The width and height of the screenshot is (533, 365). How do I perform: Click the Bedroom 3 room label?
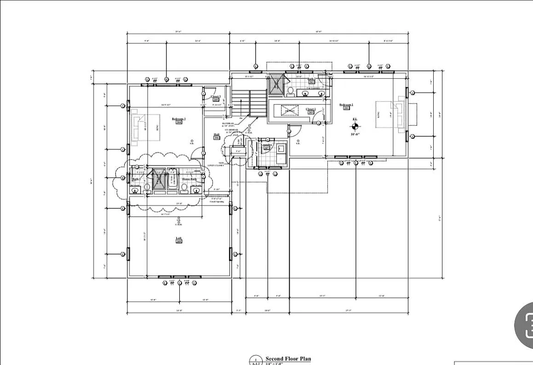(x=178, y=119)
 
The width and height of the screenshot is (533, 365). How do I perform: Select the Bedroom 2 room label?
(x=346, y=105)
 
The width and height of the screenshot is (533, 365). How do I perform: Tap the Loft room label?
(x=178, y=239)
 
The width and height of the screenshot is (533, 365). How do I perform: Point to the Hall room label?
(x=216, y=135)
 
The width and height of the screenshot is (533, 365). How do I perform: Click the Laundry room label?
(x=266, y=146)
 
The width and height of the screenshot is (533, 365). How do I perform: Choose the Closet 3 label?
(x=216, y=97)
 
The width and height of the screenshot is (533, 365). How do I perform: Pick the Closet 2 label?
(x=310, y=110)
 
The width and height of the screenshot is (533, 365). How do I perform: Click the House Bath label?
(x=189, y=179)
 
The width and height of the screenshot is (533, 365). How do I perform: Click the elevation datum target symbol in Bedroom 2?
(x=355, y=125)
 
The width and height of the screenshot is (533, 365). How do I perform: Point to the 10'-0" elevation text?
(x=355, y=134)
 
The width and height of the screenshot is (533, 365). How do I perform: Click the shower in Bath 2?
(x=277, y=83)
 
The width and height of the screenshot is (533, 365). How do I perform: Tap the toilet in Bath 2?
(x=290, y=91)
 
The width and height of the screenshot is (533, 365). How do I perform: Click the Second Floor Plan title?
(x=288, y=359)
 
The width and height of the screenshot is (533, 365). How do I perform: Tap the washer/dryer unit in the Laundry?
(x=281, y=149)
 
